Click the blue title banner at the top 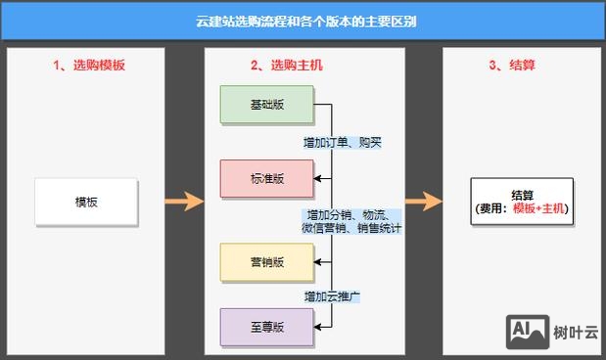tap(303, 21)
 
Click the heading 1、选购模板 tap(89, 66)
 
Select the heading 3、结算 tap(509, 66)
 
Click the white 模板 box tap(85, 202)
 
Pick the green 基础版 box tap(266, 105)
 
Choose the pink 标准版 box tap(266, 178)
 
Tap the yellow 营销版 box tap(266, 261)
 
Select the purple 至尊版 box tap(266, 327)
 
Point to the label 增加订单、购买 tap(343, 143)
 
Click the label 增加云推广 tap(333, 295)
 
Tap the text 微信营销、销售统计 tap(351, 228)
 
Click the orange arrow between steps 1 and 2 tap(182, 202)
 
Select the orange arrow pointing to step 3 tap(424, 202)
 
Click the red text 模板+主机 tap(538, 208)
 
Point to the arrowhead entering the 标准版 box tap(317, 178)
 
